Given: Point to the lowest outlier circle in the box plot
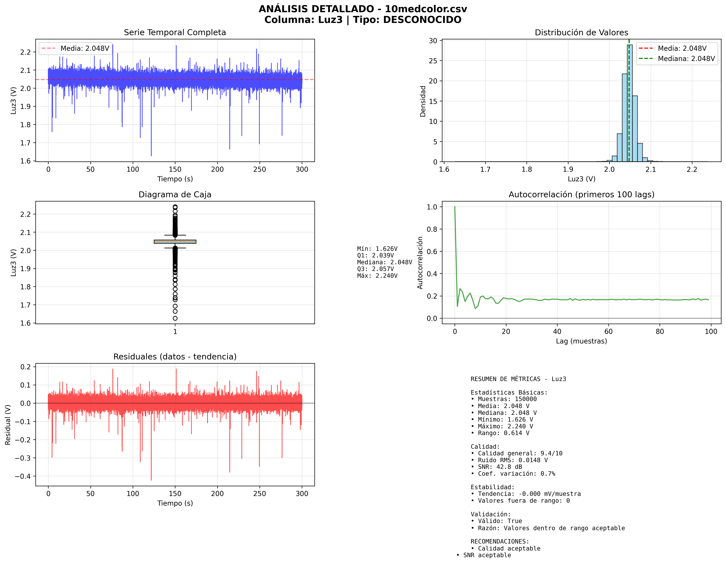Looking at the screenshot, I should (x=175, y=318).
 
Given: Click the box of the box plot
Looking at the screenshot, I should (x=175, y=242).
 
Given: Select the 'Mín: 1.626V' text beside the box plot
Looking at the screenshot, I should (x=377, y=249).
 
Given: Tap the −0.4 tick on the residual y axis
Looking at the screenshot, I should (x=23, y=476).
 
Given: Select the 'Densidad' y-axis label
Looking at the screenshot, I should (x=423, y=101).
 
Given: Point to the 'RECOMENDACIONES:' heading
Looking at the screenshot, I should (x=500, y=541).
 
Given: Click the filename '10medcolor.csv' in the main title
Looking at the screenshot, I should (x=426, y=9).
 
